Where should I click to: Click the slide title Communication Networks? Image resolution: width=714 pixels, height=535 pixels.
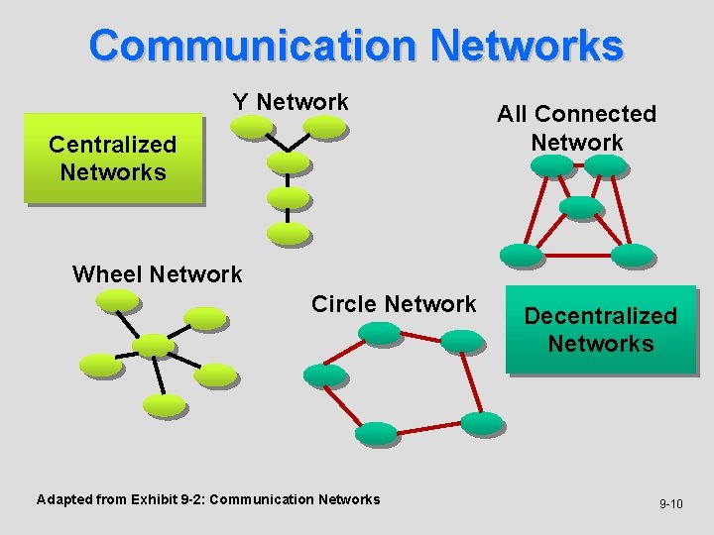point(356,46)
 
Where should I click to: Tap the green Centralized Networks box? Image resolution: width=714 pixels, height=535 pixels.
point(112,159)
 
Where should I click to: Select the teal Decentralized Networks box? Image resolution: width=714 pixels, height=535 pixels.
point(601,330)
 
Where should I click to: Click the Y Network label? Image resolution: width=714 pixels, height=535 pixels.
point(291,102)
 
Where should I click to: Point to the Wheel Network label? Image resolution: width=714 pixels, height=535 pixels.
point(157,274)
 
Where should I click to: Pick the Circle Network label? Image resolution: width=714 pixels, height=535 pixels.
point(394,304)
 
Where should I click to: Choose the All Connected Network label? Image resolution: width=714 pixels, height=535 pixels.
point(576,128)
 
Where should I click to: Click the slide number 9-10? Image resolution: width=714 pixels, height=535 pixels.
point(671,504)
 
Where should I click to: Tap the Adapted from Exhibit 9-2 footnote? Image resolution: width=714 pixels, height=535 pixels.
point(208,499)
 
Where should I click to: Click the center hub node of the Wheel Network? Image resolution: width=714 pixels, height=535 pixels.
point(154,344)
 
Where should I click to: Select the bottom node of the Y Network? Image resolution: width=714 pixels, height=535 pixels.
point(289,234)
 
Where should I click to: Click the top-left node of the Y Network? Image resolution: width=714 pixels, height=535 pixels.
point(251,126)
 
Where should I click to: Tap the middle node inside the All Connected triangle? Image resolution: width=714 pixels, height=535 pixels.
point(581,207)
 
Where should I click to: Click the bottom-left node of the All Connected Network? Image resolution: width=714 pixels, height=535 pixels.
point(522,255)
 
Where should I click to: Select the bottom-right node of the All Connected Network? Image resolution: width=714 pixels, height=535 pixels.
point(632,256)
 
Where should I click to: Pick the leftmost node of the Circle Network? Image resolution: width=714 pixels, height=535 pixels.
point(324,374)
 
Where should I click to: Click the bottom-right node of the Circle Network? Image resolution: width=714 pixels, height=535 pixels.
point(483,423)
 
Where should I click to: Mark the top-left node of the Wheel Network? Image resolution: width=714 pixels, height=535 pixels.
point(118,299)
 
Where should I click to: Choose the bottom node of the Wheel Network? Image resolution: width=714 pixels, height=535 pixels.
point(165,404)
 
